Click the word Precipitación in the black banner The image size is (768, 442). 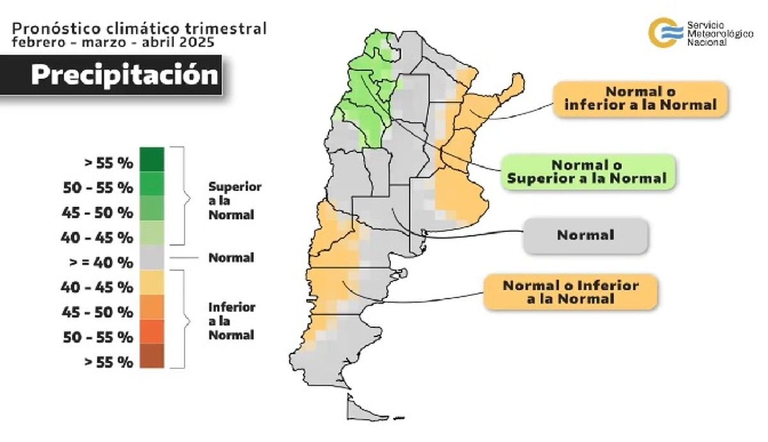[x=125, y=74]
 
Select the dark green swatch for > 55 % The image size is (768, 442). [x=151, y=160]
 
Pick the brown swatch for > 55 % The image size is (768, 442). [x=151, y=356]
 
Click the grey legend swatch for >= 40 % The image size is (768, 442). [x=151, y=258]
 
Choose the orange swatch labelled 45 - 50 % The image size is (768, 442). [x=151, y=307]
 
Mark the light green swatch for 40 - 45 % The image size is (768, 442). [x=151, y=233]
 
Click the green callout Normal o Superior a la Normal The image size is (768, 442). [x=587, y=171]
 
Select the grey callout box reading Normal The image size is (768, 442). [x=586, y=235]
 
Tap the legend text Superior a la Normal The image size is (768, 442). [x=234, y=201]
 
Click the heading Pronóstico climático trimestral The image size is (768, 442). [x=139, y=28]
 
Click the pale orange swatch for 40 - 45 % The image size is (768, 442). [x=151, y=283]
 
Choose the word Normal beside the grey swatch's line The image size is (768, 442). [x=231, y=258]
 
